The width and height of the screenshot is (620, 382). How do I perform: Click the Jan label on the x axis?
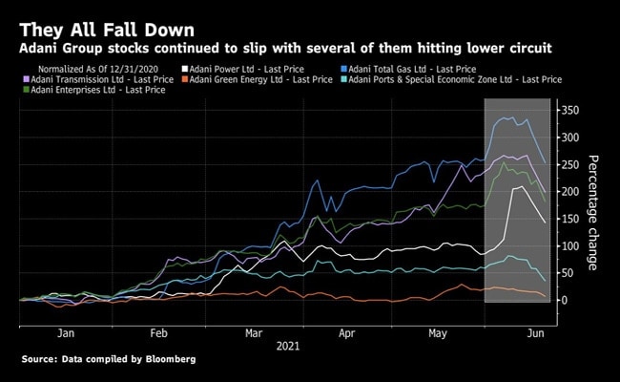[66, 335]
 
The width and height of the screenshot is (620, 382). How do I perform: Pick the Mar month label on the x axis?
[255, 335]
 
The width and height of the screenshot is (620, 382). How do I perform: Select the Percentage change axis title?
[592, 212]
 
